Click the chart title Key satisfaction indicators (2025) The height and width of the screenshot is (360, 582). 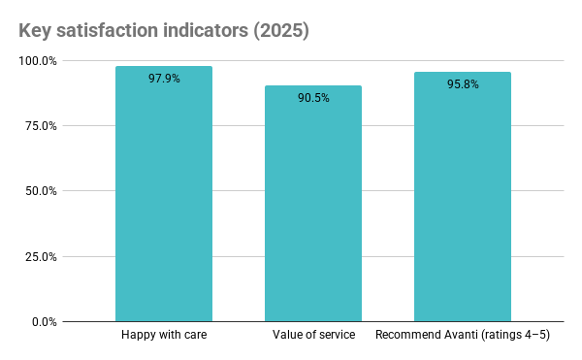point(163,30)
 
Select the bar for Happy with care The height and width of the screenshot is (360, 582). point(164,194)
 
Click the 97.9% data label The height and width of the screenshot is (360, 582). point(164,79)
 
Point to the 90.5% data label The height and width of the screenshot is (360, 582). point(313,98)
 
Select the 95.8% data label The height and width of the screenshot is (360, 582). point(463,84)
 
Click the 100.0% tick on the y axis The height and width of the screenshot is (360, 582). point(38,61)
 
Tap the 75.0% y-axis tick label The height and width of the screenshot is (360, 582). point(40,126)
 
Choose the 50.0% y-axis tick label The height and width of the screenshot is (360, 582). point(40,191)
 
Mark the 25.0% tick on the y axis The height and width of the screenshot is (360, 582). point(40,257)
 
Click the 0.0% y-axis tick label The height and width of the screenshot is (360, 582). point(43,322)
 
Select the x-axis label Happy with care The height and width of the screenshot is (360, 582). point(164,336)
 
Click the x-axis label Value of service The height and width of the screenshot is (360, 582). point(313,336)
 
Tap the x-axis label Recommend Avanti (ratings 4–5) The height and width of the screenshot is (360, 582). point(463,336)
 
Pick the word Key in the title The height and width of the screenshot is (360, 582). point(36,30)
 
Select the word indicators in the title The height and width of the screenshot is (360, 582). point(210,30)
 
